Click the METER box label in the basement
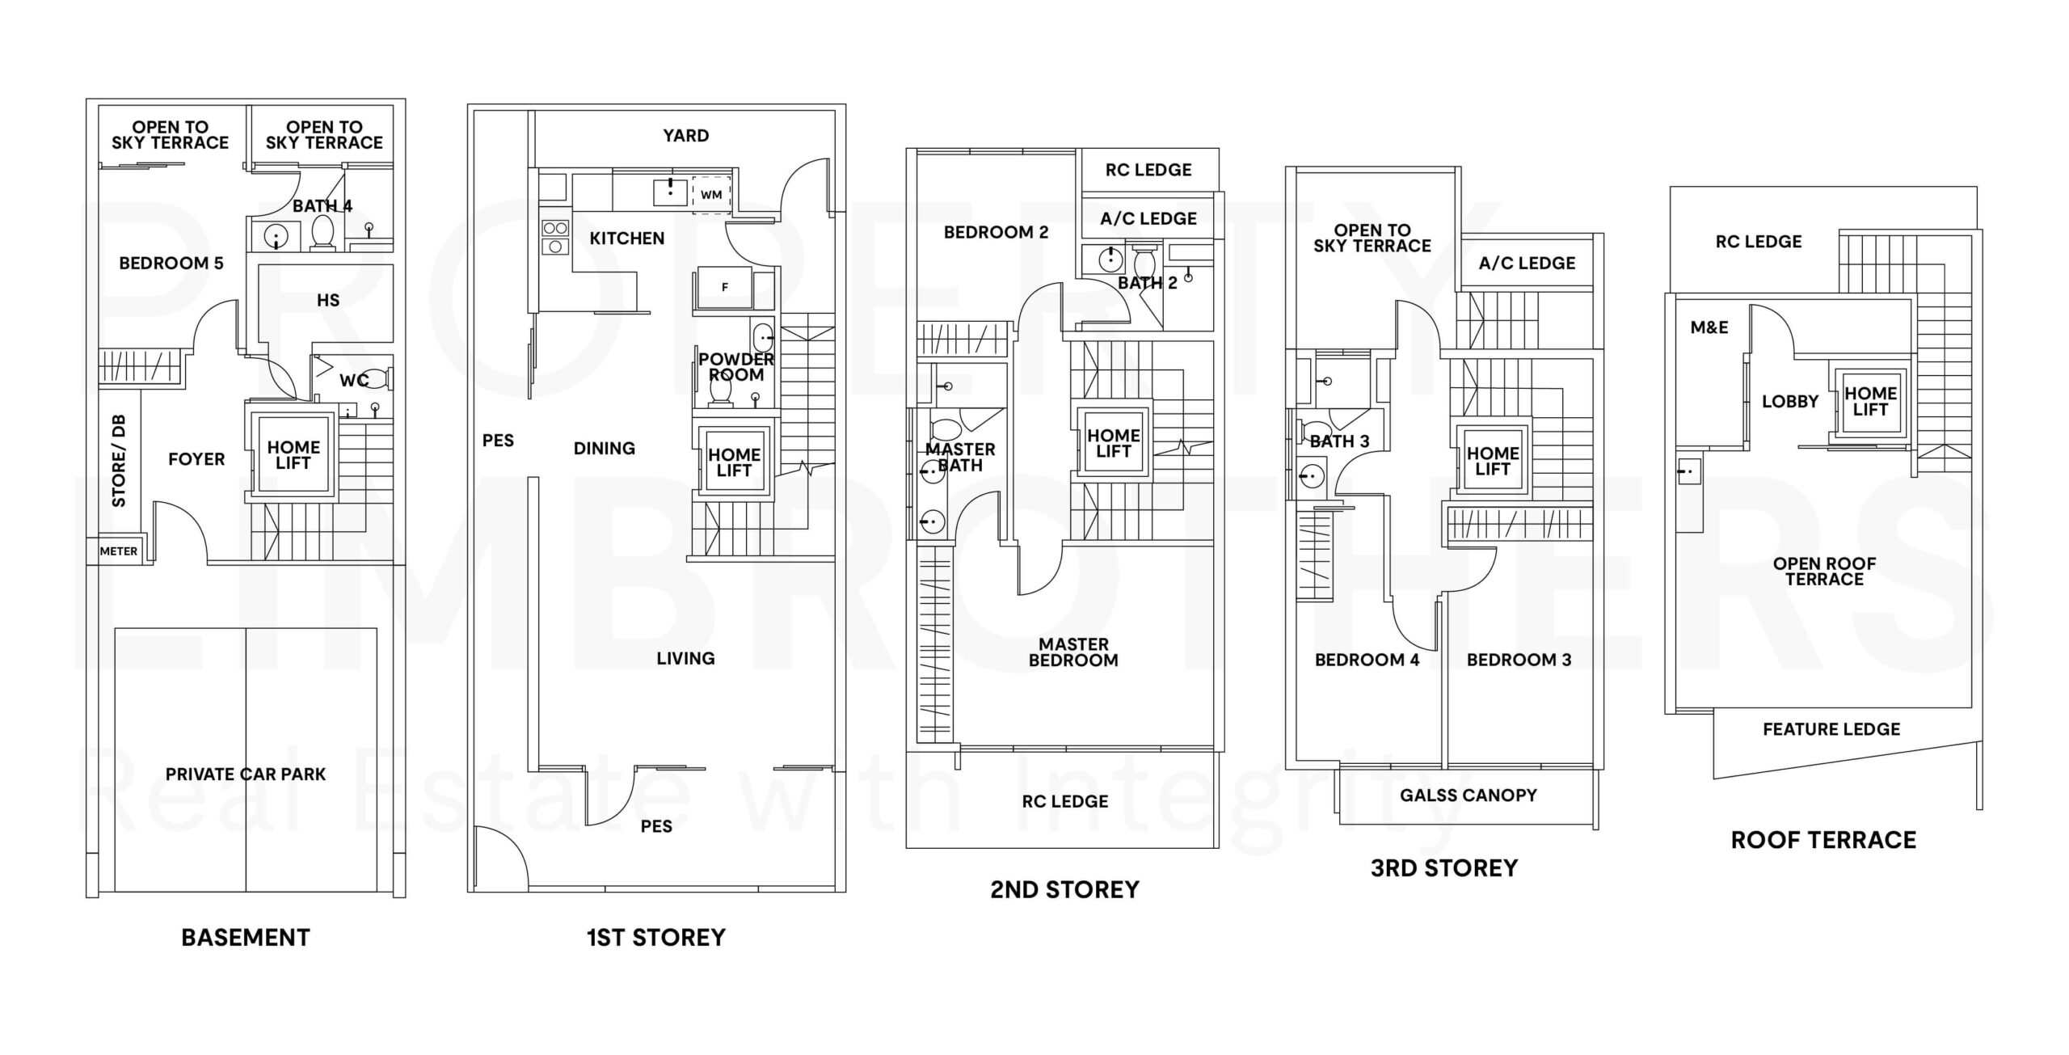point(118,551)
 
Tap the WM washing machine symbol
point(711,195)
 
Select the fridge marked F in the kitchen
point(725,287)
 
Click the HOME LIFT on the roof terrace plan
point(1870,402)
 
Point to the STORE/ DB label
point(119,461)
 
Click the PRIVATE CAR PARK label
point(246,774)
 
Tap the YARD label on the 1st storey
point(686,136)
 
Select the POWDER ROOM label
point(736,367)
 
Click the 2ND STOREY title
point(1064,890)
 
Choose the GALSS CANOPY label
point(1469,795)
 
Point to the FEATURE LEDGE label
point(1831,729)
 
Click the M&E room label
point(1709,327)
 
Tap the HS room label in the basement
point(328,301)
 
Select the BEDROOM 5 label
point(171,264)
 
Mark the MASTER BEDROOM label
point(1073,652)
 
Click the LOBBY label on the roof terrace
point(1790,402)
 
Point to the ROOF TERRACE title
point(1823,841)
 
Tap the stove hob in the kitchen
point(555,237)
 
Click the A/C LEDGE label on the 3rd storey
point(1527,264)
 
